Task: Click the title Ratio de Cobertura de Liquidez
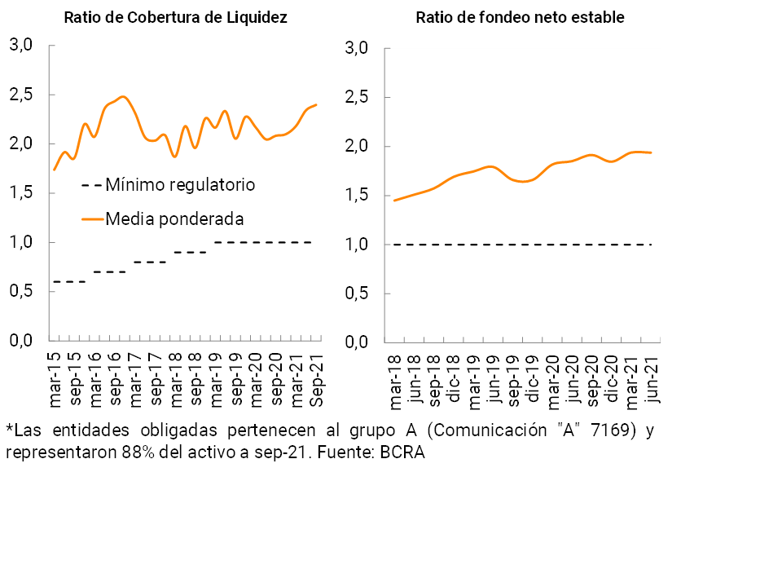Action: [175, 17]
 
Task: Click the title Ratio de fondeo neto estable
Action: [520, 17]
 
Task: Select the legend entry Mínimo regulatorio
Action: [180, 185]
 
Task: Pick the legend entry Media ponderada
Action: [174, 218]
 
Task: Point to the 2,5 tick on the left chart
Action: [20, 95]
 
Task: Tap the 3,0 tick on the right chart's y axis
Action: [357, 48]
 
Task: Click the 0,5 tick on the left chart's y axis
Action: [20, 292]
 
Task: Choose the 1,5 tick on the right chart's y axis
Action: [357, 196]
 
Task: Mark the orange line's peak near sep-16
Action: [122, 97]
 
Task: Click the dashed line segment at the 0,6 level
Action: [68, 281]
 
